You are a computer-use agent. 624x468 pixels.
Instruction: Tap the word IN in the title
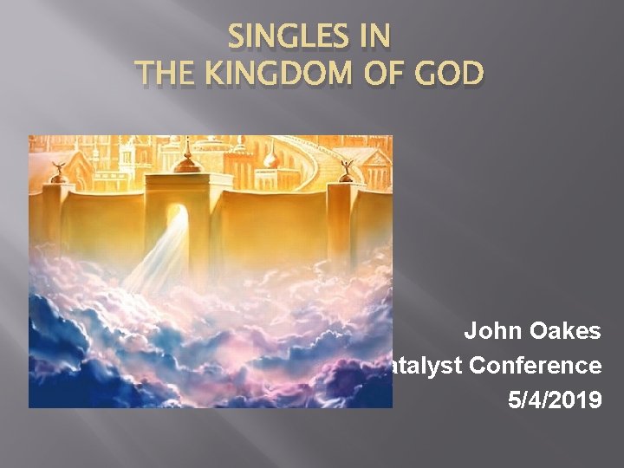[x=372, y=39]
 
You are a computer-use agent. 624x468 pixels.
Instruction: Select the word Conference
[x=536, y=366]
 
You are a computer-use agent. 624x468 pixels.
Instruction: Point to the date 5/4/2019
[x=554, y=401]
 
